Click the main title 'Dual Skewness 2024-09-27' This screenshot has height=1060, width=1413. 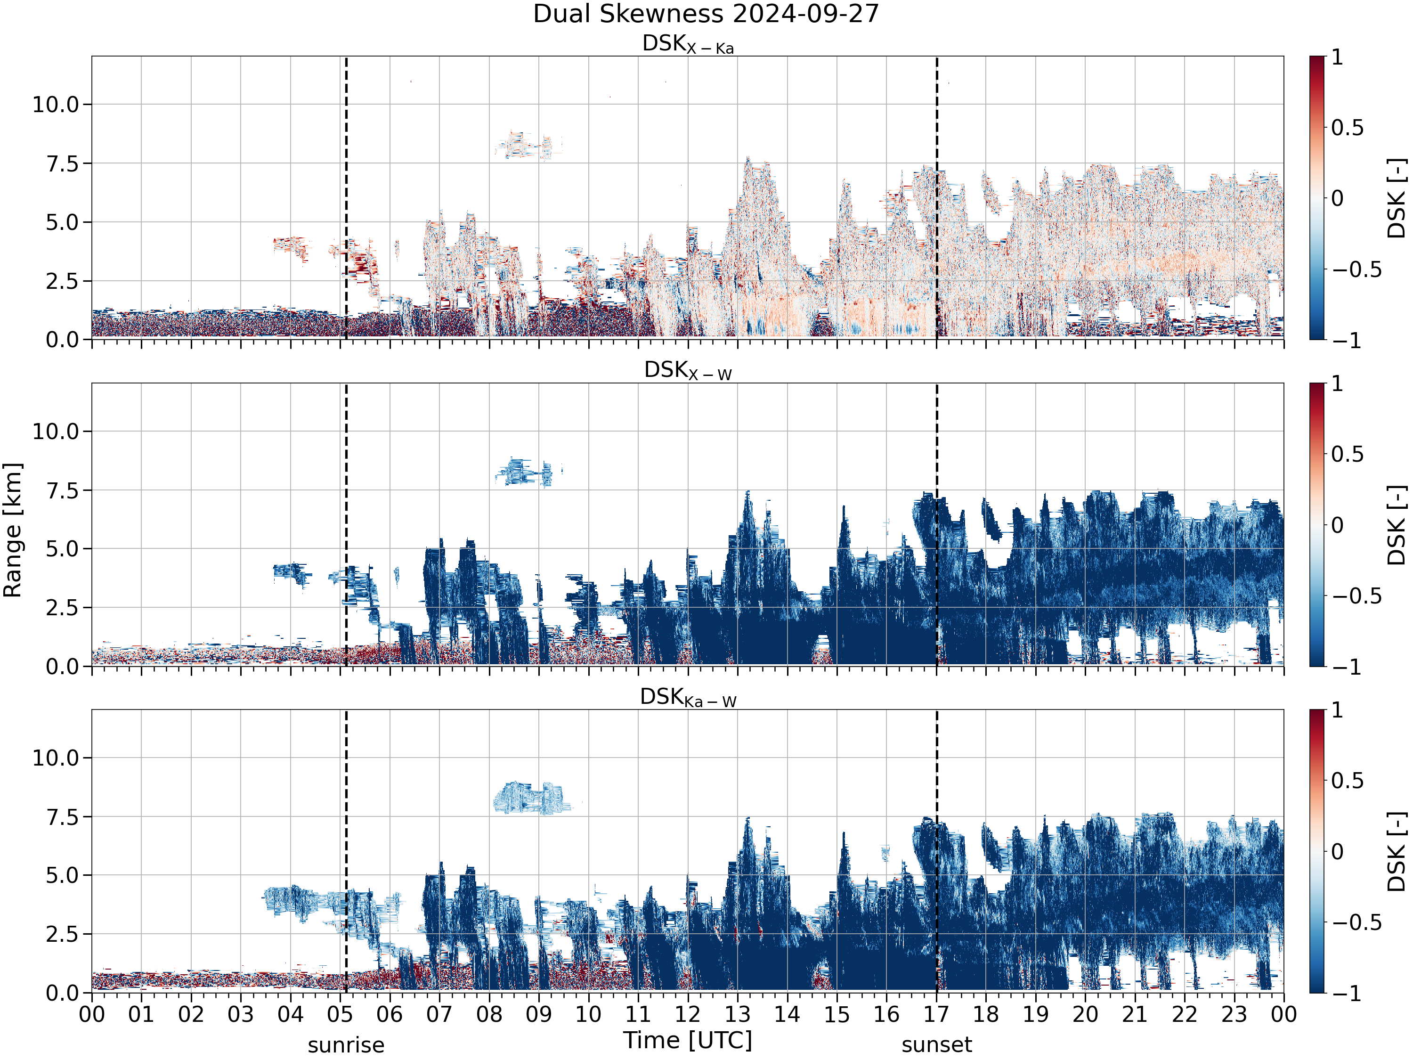pyautogui.click(x=706, y=14)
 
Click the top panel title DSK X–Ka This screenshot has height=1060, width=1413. pyautogui.click(x=688, y=44)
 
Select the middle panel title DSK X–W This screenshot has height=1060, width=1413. pyautogui.click(x=688, y=371)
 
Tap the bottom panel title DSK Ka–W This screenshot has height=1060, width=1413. pyautogui.click(x=688, y=697)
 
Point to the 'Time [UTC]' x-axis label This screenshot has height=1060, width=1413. pyautogui.click(x=688, y=1040)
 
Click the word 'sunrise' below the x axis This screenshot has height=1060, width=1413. pyautogui.click(x=346, y=1044)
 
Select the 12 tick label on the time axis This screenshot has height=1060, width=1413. pyautogui.click(x=688, y=1014)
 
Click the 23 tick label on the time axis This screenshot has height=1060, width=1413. pyautogui.click(x=1234, y=1014)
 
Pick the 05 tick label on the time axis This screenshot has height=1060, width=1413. pyautogui.click(x=340, y=1014)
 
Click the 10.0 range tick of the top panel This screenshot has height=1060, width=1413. pyautogui.click(x=56, y=104)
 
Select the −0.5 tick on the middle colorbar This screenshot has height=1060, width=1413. pyautogui.click(x=1356, y=596)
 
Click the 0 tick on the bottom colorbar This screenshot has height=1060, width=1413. pyautogui.click(x=1337, y=851)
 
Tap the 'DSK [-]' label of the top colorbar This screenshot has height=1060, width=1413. pyautogui.click(x=1397, y=198)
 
